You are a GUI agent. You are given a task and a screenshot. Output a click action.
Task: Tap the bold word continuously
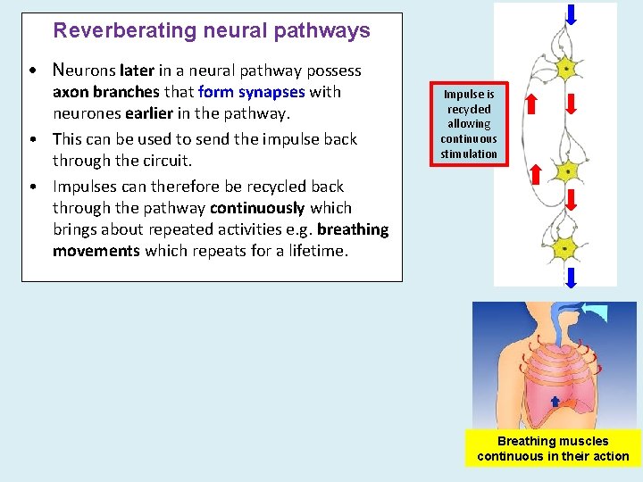[x=257, y=208]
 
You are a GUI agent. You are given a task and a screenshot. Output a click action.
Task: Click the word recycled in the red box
[x=469, y=109]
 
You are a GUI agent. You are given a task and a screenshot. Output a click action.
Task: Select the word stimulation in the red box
[x=469, y=154]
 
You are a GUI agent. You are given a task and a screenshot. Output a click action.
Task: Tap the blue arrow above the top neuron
[x=571, y=13]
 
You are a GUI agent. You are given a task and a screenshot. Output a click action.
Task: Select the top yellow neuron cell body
[x=564, y=68]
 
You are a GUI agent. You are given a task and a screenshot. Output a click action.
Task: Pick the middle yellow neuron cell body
[x=564, y=171]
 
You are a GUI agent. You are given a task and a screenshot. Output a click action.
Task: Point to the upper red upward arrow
[x=530, y=104]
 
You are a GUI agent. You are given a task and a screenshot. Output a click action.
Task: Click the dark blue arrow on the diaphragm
[x=555, y=402]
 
